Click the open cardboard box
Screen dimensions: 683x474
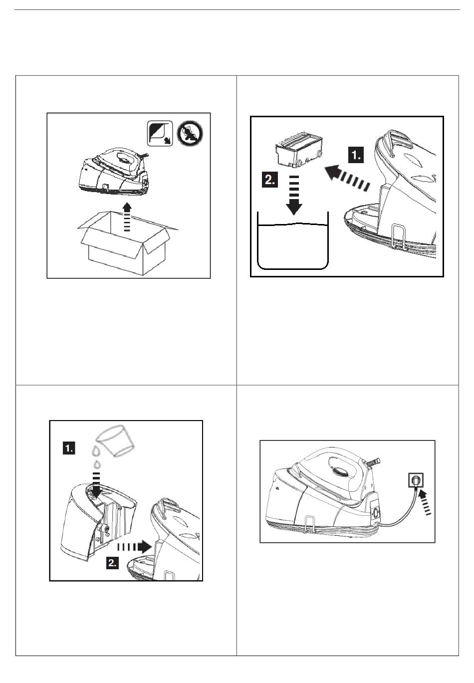(x=128, y=244)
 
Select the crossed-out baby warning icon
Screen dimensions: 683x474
(x=190, y=133)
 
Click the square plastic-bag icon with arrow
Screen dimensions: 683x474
(x=160, y=133)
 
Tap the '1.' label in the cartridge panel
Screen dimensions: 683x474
(x=356, y=155)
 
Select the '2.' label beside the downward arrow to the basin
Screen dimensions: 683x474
(x=270, y=180)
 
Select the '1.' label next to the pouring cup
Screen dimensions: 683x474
(x=69, y=448)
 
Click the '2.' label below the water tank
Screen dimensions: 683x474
(x=113, y=563)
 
